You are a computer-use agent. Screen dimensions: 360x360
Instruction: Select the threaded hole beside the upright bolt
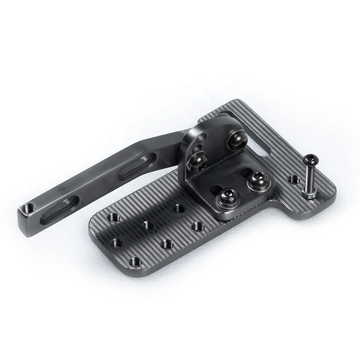294,178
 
